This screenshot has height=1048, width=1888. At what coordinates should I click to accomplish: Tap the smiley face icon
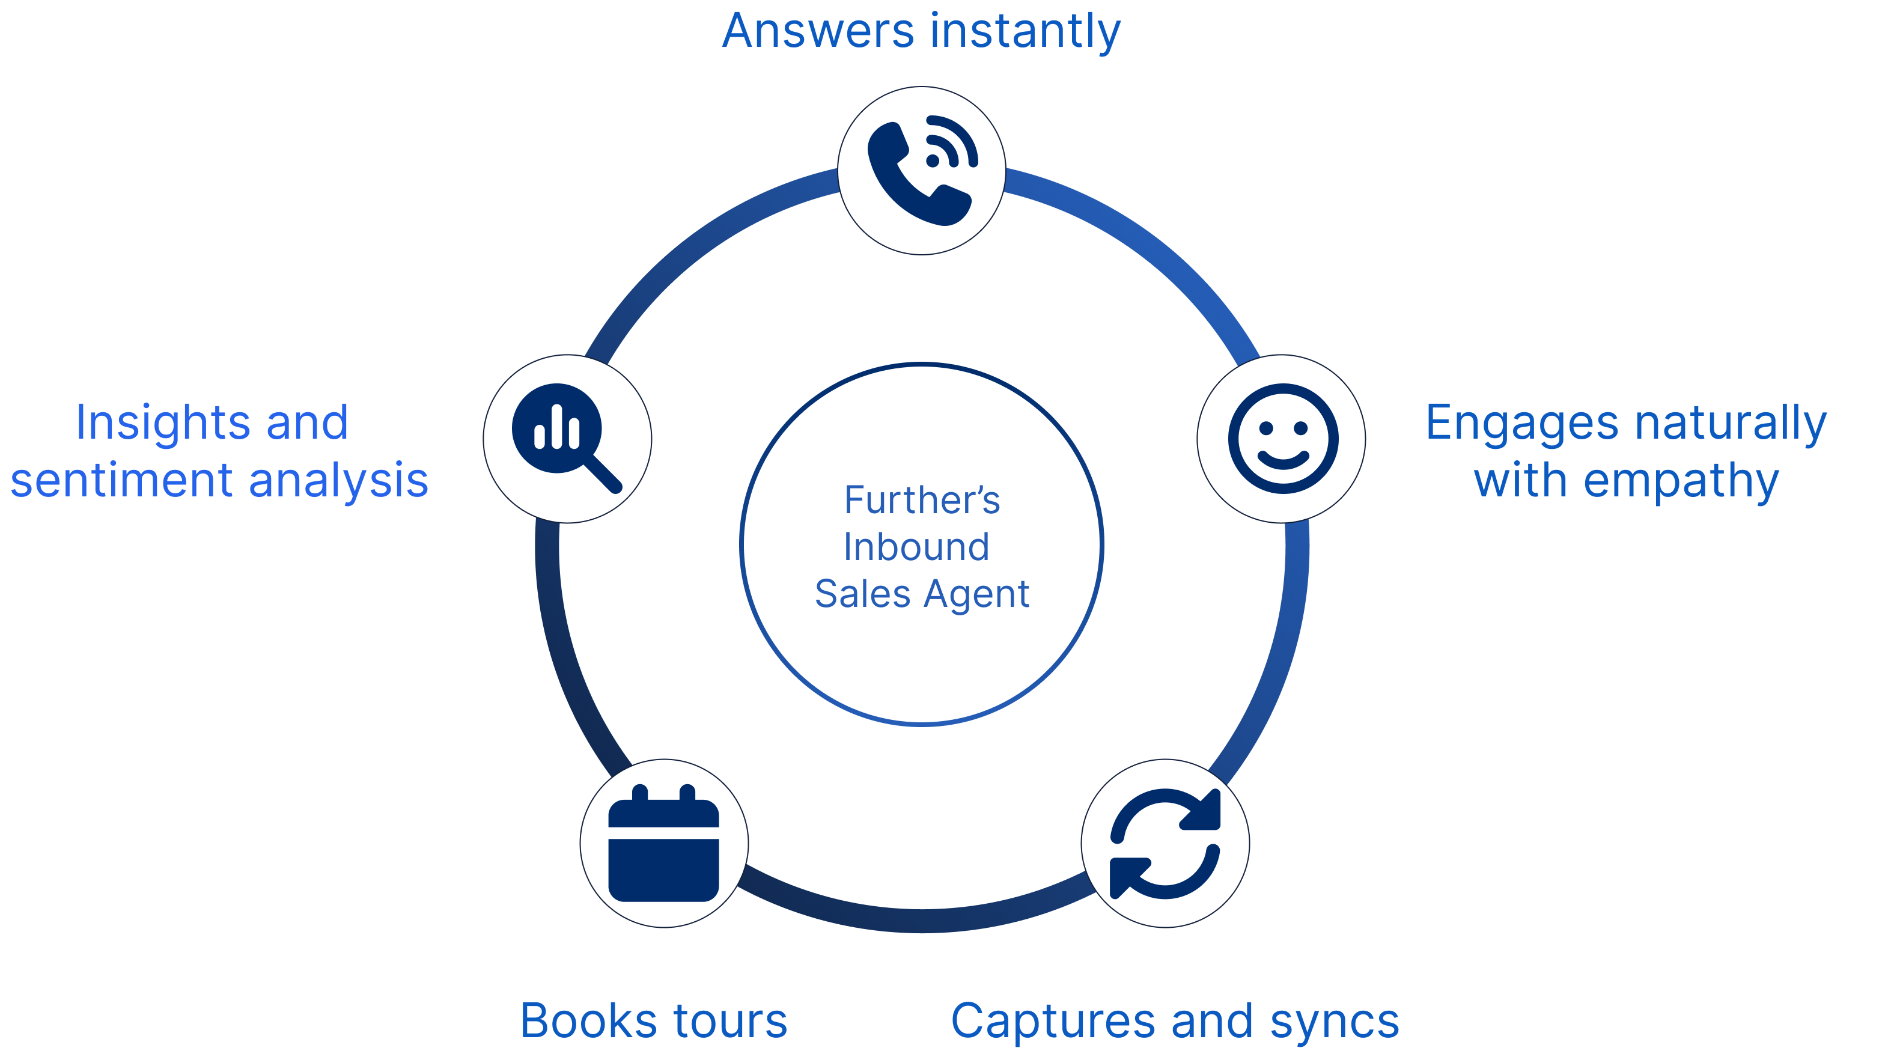coord(1283,438)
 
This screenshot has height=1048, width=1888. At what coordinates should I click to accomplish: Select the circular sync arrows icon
coord(1165,844)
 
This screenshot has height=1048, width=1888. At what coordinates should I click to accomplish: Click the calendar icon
coord(664,844)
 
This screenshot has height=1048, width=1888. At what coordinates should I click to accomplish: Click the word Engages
coord(1521,424)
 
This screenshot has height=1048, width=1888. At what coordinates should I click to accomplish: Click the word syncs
coord(1335,1021)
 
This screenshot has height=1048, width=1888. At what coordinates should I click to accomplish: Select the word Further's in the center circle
coord(921,501)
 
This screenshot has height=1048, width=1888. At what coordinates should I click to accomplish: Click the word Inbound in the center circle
coord(916,547)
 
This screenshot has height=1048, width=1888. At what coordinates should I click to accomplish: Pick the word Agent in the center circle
coord(976,594)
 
